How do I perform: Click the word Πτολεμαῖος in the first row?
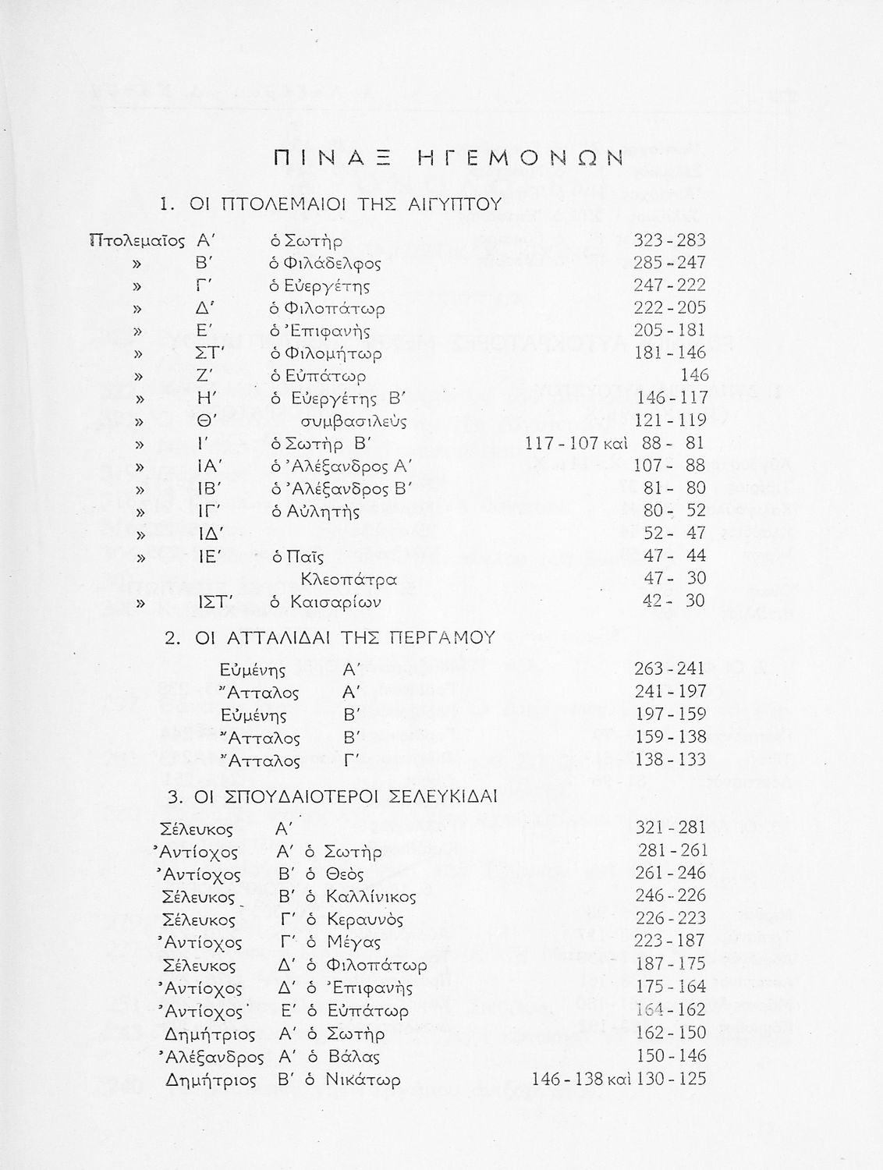pos(137,240)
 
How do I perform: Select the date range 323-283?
pos(669,240)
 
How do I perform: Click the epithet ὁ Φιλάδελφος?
pos(325,263)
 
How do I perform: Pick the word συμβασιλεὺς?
pos(353,421)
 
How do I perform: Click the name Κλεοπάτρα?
pos(349,580)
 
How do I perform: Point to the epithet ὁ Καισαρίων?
pos(325,602)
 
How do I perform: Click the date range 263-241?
pos(669,668)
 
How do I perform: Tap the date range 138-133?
pos(669,759)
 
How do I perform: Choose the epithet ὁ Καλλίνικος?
pos(361,896)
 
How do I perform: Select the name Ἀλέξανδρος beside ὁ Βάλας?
pos(210,1057)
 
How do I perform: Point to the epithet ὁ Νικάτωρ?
pos(353,1080)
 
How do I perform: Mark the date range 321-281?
pos(669,827)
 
